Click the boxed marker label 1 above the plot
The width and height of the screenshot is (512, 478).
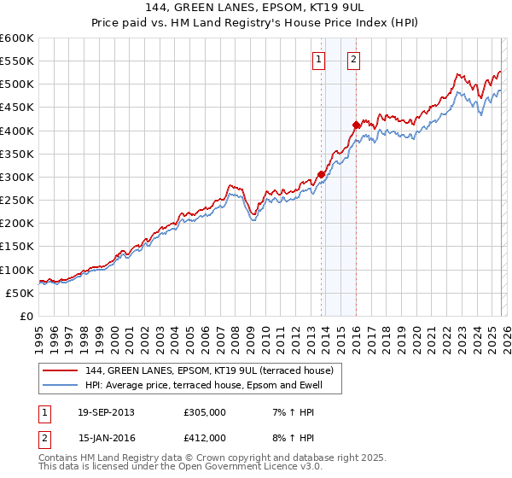click(318, 60)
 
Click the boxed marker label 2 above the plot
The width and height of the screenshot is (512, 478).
click(352, 60)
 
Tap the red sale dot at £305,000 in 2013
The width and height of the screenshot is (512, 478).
click(321, 174)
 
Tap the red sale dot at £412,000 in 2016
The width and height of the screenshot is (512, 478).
click(356, 125)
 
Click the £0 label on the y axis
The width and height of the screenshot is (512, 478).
click(26, 316)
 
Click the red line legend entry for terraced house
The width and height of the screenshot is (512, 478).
click(214, 370)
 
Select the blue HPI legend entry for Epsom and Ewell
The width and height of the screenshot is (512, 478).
click(213, 386)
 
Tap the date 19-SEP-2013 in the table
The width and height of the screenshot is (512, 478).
click(106, 412)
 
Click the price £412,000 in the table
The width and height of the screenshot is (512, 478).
click(205, 437)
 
